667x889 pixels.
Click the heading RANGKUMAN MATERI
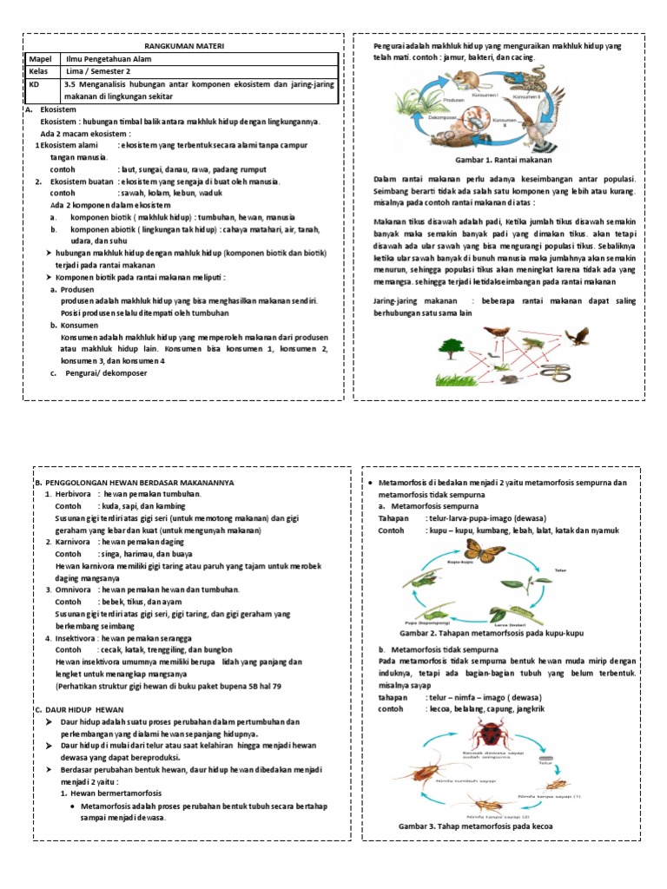[181, 45]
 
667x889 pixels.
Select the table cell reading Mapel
[43, 57]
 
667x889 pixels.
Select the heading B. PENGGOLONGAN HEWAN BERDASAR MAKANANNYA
[133, 482]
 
